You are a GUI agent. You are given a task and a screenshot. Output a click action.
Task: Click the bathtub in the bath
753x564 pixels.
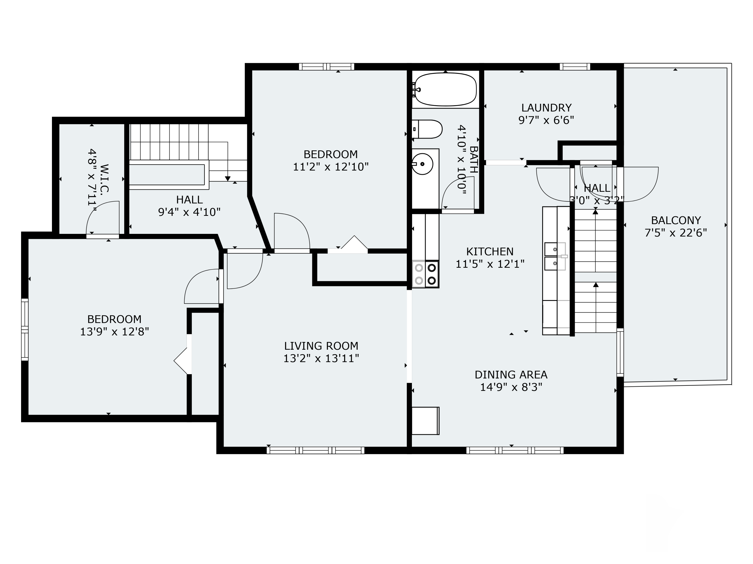[x=445, y=90]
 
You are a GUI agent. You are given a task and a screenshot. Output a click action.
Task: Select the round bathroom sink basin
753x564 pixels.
[x=422, y=164]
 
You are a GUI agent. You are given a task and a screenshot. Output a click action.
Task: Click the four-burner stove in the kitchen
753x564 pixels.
[x=425, y=274]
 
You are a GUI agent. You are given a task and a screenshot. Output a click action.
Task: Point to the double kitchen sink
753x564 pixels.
[x=555, y=256]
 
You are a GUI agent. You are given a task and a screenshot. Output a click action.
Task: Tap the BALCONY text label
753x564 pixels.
[x=676, y=220]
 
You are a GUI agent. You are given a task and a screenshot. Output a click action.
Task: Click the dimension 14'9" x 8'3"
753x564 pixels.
[x=511, y=387]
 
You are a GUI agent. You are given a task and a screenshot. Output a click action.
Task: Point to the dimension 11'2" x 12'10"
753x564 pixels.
[x=331, y=167]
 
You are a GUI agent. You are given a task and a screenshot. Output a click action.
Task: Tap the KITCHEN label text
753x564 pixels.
[x=489, y=252]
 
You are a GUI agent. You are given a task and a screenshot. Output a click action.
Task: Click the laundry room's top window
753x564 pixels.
[x=575, y=67]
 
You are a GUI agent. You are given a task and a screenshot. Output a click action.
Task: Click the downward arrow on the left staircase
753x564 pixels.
[x=228, y=178]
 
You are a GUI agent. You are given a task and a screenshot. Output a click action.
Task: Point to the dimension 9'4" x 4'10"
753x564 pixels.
[x=189, y=212]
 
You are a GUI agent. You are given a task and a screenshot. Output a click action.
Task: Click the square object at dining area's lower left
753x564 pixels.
[x=425, y=421]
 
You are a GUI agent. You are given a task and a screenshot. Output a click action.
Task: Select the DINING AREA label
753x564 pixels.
[x=511, y=375]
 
